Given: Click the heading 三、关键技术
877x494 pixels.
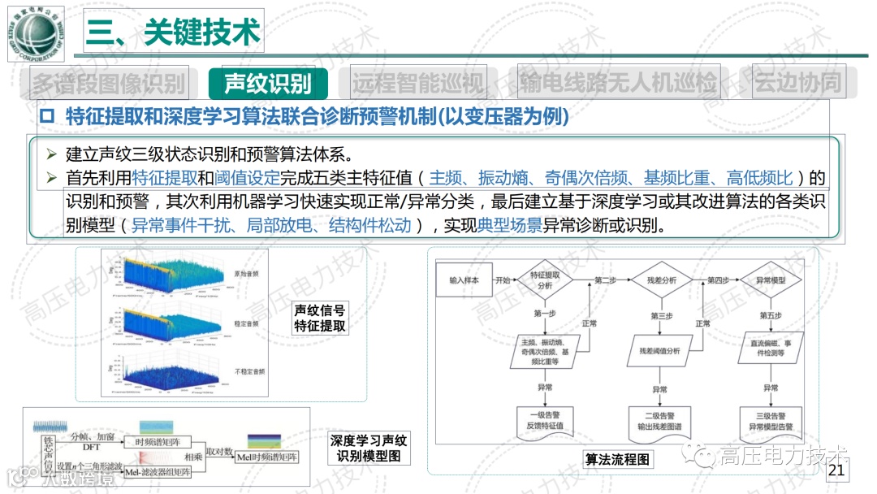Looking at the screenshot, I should [x=172, y=32].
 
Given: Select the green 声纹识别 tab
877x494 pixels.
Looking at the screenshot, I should [x=268, y=83].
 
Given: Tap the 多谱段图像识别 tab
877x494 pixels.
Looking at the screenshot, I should [x=109, y=83].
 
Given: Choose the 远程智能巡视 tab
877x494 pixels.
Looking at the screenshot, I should [x=417, y=83].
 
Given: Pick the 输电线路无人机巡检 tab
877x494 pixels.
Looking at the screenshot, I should [x=618, y=82].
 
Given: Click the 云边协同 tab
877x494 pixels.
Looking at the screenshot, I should [x=797, y=82].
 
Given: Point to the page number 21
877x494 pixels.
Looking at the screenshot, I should [x=837, y=470].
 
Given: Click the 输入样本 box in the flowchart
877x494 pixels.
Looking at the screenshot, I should [x=464, y=280].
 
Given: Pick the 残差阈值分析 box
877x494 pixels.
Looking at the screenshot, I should [x=659, y=351].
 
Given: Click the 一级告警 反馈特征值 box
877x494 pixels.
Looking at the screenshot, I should [x=544, y=420].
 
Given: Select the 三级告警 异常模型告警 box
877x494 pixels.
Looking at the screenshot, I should [x=771, y=420].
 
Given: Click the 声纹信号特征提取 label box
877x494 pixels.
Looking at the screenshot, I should [x=320, y=318].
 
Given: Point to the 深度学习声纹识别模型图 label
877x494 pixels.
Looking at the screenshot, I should [x=369, y=448].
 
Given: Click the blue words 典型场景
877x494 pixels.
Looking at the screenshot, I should [x=510, y=226].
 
